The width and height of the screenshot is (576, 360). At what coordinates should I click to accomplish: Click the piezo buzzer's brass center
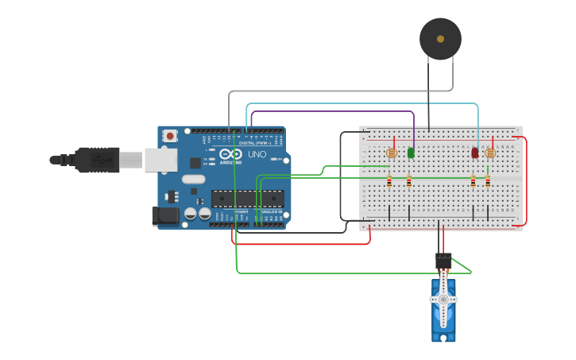440,39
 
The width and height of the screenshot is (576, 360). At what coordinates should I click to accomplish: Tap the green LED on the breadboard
411,153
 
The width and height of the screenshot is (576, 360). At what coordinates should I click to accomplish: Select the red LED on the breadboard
475,153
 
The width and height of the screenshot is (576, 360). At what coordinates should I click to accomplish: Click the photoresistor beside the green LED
391,153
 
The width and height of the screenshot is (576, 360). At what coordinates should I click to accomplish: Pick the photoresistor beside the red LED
489,153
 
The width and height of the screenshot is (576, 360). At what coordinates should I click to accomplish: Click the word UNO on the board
257,154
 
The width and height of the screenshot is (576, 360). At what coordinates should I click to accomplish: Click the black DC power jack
166,215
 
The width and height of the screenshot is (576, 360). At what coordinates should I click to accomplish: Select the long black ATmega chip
247,199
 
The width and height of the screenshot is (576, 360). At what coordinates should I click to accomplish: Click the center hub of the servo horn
443,300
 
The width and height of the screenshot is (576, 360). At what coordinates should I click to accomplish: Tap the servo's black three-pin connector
443,260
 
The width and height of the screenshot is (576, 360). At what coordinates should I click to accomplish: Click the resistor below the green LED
408,182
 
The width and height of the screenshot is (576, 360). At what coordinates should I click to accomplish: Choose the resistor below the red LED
474,182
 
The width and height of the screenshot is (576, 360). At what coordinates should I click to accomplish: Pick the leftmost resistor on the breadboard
389,182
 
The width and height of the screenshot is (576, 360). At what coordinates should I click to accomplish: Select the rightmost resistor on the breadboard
488,182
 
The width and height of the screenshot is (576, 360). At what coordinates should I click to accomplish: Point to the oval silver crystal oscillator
193,180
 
